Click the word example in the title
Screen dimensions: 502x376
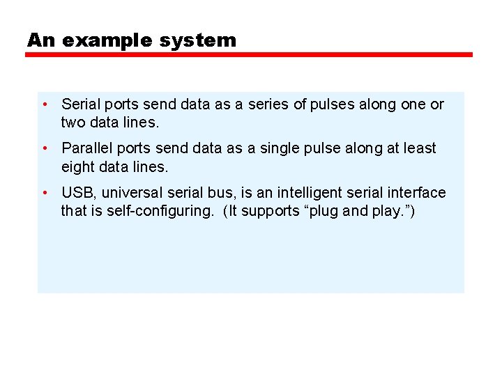click(107, 40)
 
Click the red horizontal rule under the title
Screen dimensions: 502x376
click(249, 54)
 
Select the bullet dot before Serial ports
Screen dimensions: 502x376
click(44, 104)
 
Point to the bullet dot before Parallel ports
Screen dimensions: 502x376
click(44, 148)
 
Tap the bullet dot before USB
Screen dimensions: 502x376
click(44, 193)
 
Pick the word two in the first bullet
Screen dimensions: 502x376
click(73, 123)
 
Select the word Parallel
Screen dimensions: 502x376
click(87, 148)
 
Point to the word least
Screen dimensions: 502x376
click(420, 148)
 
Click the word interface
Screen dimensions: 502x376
click(419, 193)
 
